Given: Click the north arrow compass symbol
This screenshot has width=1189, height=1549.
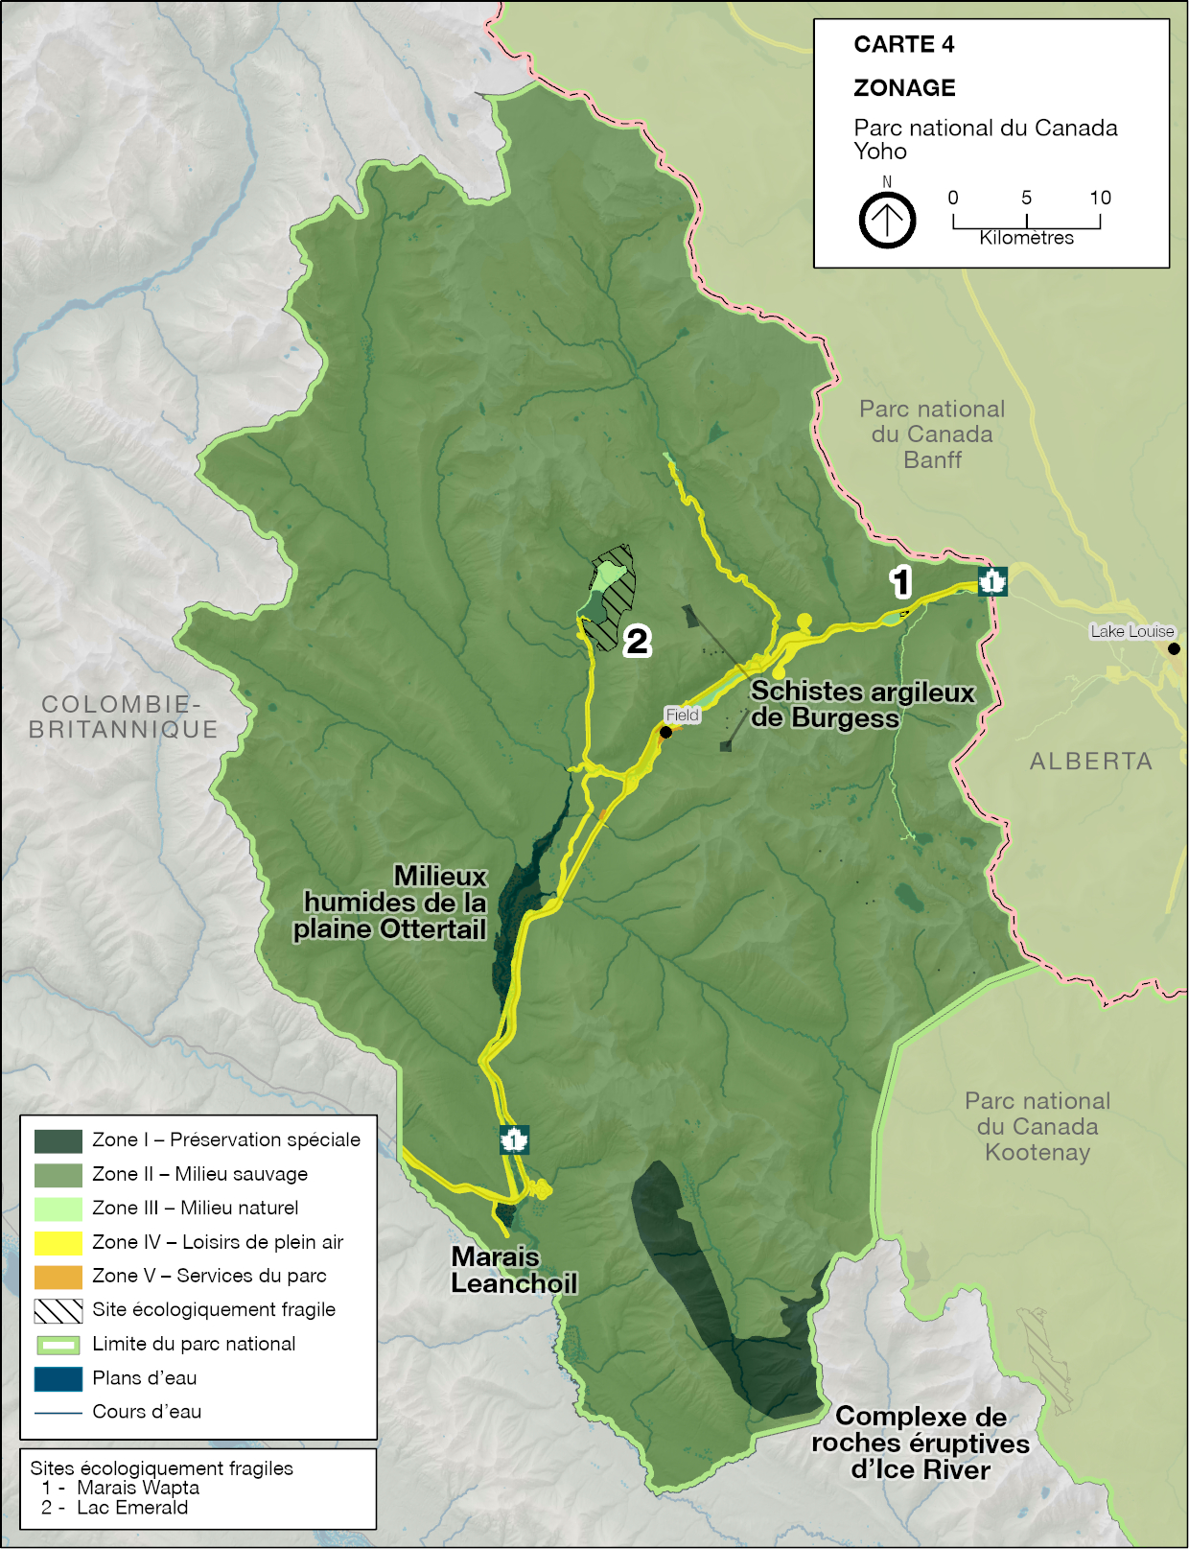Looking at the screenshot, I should point(887,221).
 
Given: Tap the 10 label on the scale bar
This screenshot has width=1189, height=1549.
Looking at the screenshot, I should point(1100,199).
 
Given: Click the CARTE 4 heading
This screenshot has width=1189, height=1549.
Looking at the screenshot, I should point(903,44).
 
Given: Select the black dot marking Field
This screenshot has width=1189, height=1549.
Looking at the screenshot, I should point(665,732).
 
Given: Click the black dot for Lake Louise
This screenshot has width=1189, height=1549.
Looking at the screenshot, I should point(1174,649).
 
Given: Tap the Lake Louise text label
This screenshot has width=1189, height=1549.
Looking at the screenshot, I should point(1131,631).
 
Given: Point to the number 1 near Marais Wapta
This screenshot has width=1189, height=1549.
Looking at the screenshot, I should point(899,582).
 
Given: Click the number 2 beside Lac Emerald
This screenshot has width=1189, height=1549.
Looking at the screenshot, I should point(638,641).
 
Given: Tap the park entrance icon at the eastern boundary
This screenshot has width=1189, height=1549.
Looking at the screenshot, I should point(991,581).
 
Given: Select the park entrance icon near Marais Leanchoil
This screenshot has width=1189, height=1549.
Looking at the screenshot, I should point(515,1139).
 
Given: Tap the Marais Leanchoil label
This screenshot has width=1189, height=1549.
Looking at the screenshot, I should point(514,1270).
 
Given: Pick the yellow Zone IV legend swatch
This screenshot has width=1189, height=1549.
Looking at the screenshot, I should point(58,1242).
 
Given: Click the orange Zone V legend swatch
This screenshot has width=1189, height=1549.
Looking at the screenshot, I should point(58,1277).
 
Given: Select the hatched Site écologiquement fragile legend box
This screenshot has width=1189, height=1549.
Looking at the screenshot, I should point(58,1310).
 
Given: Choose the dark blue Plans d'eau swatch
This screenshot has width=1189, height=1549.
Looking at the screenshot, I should point(58,1378).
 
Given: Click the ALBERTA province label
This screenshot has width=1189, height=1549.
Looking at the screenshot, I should point(1090,762).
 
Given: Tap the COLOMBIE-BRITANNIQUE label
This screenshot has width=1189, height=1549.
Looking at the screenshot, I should point(123,716).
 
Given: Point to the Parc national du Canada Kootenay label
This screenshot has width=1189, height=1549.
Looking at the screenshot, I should point(1037,1126).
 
